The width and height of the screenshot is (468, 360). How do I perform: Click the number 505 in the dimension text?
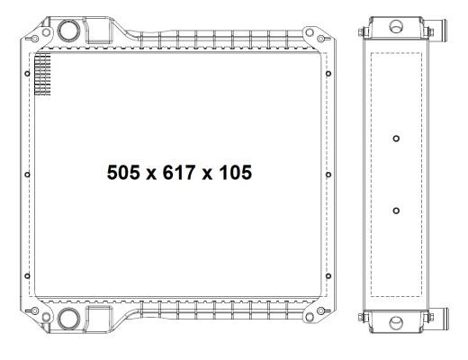[123, 173]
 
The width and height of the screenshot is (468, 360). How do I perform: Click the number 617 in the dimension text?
[179, 173]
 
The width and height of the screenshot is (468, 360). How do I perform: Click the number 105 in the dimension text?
[235, 173]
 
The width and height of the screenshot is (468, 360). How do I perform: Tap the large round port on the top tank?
[68, 31]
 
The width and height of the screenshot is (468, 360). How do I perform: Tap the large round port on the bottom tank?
[68, 319]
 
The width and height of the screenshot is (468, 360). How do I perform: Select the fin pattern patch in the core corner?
[42, 75]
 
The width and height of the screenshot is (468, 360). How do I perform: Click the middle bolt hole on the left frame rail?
[27, 175]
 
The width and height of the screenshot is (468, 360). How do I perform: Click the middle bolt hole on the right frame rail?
[328, 175]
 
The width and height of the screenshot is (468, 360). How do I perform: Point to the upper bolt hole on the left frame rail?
[27, 74]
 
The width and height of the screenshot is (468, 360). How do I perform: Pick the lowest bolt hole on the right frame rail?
[328, 275]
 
